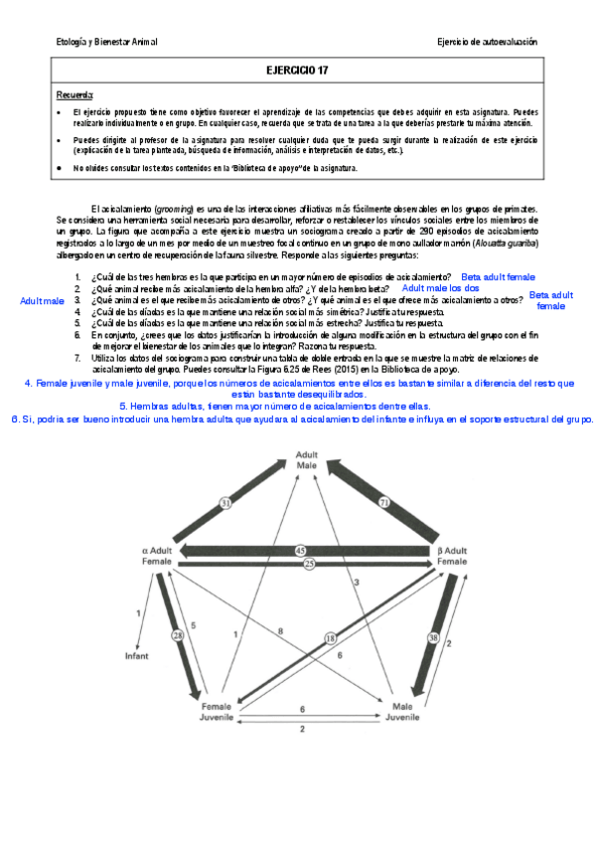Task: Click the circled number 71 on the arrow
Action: (x=383, y=505)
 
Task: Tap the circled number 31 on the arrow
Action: (x=225, y=505)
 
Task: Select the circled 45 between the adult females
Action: (x=301, y=550)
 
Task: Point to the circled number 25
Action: (x=309, y=564)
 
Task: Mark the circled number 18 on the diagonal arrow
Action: (x=331, y=637)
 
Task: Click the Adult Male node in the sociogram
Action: (x=308, y=459)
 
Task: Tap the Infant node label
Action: (x=136, y=656)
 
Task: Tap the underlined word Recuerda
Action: (x=75, y=94)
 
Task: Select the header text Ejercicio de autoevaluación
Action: (x=487, y=42)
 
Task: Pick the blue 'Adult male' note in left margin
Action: (x=42, y=299)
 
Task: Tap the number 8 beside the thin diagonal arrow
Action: (x=281, y=631)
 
